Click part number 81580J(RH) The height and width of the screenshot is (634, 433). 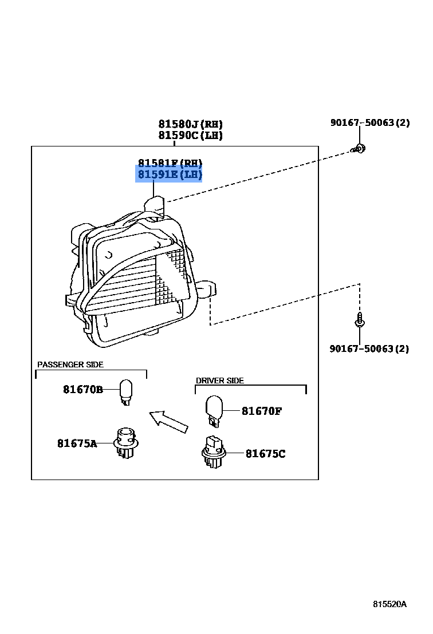pos(190,124)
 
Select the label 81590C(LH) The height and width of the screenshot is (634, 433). pos(190,136)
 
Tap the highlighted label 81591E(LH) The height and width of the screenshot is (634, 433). pos(170,175)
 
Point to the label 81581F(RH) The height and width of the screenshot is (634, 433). pos(170,163)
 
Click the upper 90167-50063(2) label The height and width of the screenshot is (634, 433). pos(369,122)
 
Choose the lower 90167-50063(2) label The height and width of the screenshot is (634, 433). pos(369,348)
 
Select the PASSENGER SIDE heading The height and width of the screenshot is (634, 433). pos(70,364)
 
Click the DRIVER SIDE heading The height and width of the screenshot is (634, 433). pos(220,381)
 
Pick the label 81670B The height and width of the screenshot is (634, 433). pos(82,390)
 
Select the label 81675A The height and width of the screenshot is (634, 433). pos(77,443)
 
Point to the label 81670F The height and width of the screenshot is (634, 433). pos(261,411)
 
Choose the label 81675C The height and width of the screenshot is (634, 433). pos(265,454)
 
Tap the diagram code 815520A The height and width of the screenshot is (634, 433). pos(389,604)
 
